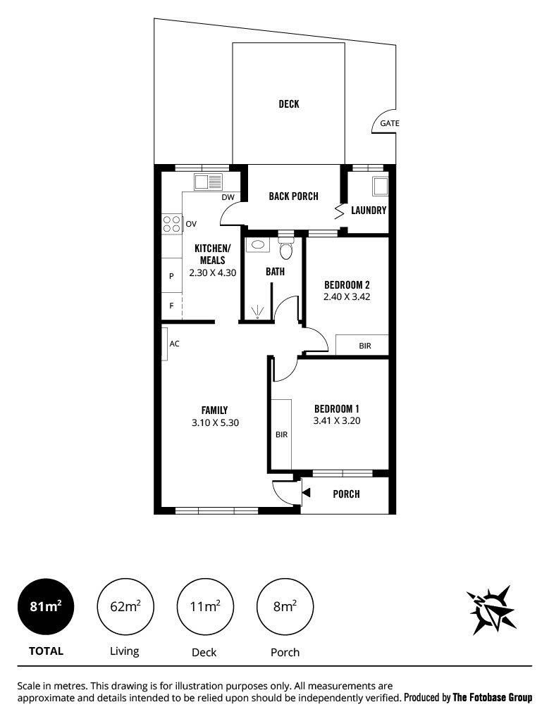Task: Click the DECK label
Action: click(x=288, y=104)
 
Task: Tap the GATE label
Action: click(x=389, y=123)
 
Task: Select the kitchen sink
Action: click(x=208, y=182)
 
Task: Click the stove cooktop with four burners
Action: click(x=172, y=224)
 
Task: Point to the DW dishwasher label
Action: click(x=228, y=197)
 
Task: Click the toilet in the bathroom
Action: click(x=285, y=249)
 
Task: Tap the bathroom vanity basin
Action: click(x=258, y=245)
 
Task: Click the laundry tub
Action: click(x=380, y=186)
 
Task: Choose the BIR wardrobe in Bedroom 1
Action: click(x=281, y=434)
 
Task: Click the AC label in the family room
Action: click(x=174, y=344)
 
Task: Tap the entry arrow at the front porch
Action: click(x=306, y=493)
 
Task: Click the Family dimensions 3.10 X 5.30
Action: click(x=215, y=422)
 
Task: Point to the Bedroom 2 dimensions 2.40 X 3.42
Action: click(x=347, y=296)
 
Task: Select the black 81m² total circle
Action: click(x=46, y=606)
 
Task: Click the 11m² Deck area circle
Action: click(x=205, y=606)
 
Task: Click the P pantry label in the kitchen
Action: click(x=172, y=276)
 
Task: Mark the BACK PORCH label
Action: click(x=293, y=196)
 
